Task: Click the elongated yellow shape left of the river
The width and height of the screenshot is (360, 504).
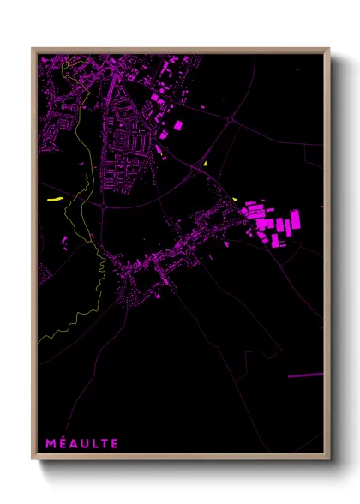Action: (x=54, y=199)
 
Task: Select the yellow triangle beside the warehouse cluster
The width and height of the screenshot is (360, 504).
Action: (x=235, y=200)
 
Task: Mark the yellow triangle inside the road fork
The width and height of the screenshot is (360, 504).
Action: (x=207, y=161)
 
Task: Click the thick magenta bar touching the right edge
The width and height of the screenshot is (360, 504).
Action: (x=305, y=375)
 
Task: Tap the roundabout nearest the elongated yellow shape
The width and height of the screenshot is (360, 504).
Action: (x=102, y=206)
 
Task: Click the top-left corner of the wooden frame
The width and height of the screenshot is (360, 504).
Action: (x=33, y=50)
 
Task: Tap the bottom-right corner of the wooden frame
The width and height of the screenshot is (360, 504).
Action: (x=328, y=459)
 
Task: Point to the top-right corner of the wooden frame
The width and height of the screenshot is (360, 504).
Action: (x=328, y=50)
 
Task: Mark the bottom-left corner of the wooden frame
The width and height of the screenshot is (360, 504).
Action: (x=33, y=459)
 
